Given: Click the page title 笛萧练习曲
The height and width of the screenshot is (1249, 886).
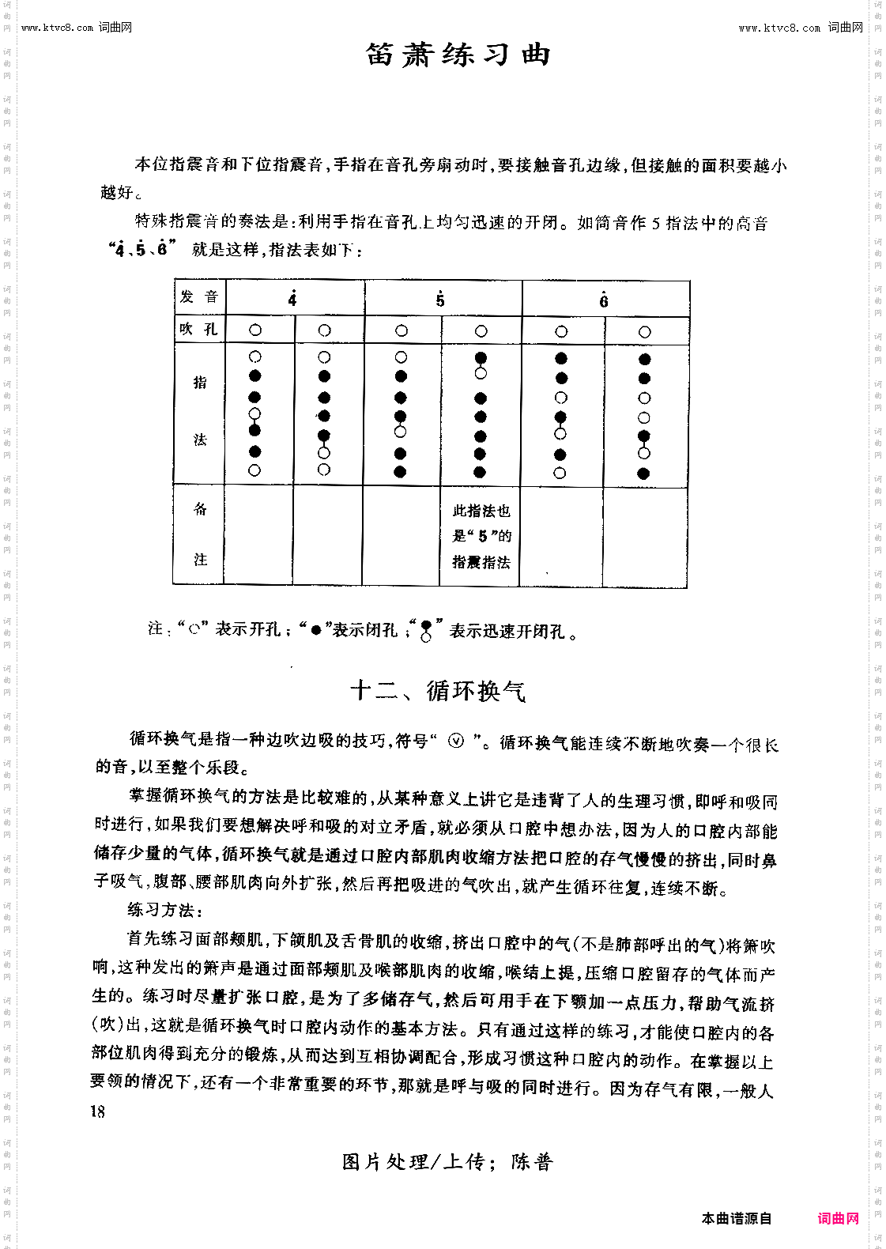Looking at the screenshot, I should coord(458,55).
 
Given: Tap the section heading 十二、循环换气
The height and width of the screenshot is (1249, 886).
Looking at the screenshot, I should coord(437,691).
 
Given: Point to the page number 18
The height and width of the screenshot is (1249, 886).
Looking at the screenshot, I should coord(97,1111).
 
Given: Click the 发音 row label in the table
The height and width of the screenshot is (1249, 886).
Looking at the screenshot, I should coord(198,297).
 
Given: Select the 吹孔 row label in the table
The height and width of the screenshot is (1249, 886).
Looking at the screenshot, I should coord(198,330).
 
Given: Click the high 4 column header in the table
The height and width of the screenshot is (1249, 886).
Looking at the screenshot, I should coord(292,300).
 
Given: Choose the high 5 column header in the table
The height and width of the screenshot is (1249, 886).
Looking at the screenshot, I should coord(440,300).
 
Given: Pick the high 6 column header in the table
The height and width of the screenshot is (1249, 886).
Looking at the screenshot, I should coord(603,300).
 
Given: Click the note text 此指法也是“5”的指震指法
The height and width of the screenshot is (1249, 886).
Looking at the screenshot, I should coord(481,536).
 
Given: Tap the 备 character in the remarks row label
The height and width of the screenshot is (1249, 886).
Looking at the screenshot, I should coord(200,510).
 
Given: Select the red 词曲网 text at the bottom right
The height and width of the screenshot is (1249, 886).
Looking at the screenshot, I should coord(839,1218).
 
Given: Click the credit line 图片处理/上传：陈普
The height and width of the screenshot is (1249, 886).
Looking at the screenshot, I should coord(447,1162).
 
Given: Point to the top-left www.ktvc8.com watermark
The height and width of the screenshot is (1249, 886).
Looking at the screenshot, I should coord(77,28).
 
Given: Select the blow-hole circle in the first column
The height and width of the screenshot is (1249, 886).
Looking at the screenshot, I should coord(254,330).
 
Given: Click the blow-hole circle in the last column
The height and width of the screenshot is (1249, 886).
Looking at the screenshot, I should coord(644,332).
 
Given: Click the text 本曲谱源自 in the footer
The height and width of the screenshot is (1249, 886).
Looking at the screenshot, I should coord(736,1218).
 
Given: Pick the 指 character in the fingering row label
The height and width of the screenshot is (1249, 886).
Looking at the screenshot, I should coord(200,383).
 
